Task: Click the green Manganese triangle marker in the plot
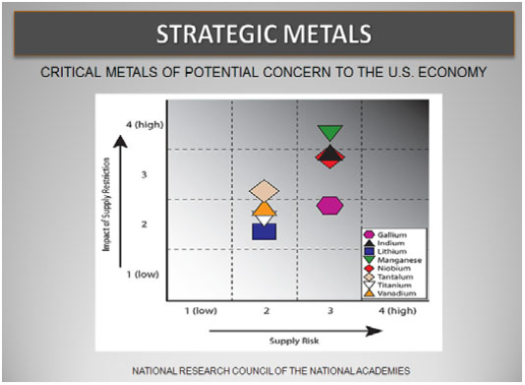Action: point(330,132)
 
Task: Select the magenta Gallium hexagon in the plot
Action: point(331,205)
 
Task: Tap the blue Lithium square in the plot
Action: point(264,231)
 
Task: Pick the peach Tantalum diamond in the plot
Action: point(264,190)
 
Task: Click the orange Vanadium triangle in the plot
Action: point(264,209)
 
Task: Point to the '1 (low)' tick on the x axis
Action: point(201,311)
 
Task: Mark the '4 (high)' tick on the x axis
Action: point(397,311)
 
